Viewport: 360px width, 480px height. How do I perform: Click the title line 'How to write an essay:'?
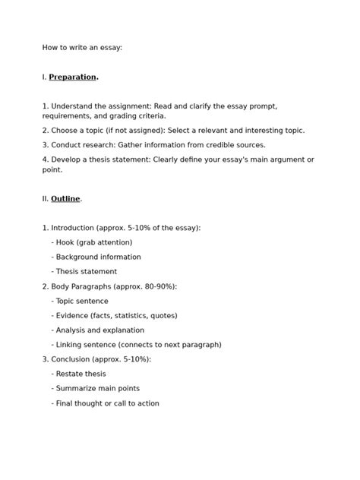pos(82,48)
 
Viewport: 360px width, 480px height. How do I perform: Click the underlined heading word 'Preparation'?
pos(73,77)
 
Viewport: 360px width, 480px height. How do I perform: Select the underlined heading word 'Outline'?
pos(65,199)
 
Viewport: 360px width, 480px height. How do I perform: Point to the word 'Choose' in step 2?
pos(67,131)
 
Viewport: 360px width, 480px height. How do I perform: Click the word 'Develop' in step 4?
pos(68,160)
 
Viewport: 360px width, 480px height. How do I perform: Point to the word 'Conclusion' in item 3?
pos(71,359)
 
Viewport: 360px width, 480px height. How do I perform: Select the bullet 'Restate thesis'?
pos(79,374)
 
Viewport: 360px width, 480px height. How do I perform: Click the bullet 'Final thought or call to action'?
pos(106,403)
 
